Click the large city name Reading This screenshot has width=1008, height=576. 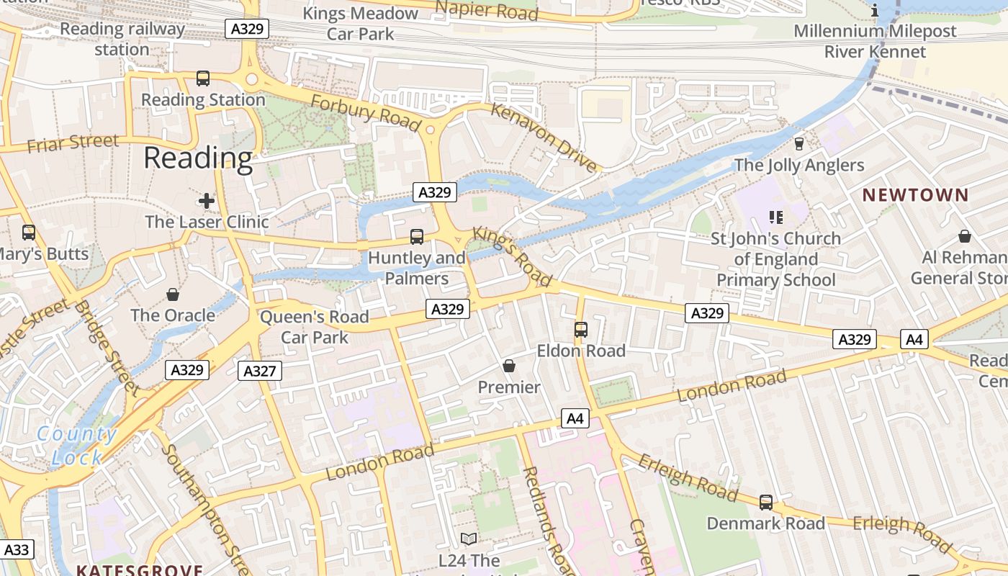[x=198, y=158]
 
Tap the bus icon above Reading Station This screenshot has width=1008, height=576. [x=203, y=78]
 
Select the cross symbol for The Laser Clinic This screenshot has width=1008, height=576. [x=207, y=201]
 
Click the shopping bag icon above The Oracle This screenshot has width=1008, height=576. [x=173, y=294]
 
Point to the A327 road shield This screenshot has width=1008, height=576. [x=259, y=371]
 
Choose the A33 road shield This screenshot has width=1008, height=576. [x=17, y=550]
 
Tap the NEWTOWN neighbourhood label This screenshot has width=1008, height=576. [x=916, y=195]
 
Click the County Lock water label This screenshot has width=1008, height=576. [x=76, y=445]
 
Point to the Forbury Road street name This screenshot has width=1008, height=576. [x=366, y=113]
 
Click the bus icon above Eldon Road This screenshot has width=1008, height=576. [x=581, y=330]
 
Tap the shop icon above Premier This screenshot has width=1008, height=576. [x=509, y=366]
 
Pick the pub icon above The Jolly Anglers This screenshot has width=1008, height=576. [x=798, y=144]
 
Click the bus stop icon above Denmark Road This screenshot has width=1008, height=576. [x=766, y=503]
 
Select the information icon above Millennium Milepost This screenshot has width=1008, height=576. [x=875, y=11]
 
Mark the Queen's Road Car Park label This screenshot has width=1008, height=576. [x=314, y=327]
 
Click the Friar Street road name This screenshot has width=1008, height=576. [x=73, y=143]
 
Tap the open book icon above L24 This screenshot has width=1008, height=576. [x=469, y=539]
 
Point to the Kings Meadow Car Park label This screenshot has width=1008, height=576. [x=360, y=24]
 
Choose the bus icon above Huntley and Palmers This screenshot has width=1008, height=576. [x=417, y=236]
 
